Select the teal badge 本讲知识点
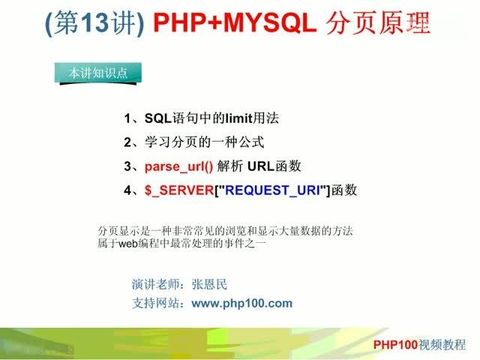coord(95,73)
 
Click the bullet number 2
coord(127,142)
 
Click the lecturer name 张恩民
coord(208,284)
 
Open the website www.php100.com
coord(241,303)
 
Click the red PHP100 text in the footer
coord(397,344)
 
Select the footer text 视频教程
coord(444,344)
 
